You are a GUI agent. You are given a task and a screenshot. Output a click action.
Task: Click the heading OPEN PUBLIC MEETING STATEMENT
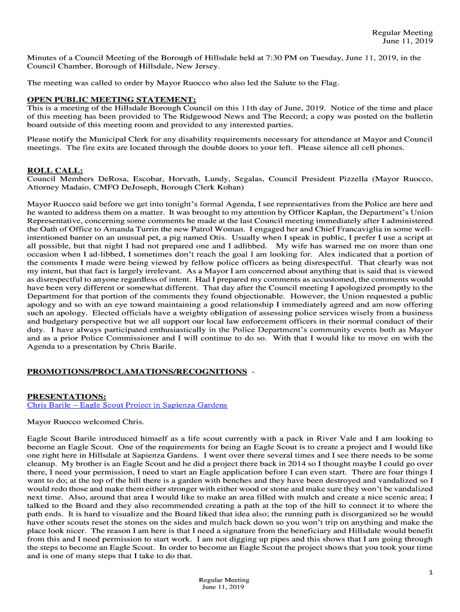pyautogui.click(x=112, y=99)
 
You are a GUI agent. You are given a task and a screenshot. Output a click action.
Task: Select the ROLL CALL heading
pyautogui.click(x=55, y=170)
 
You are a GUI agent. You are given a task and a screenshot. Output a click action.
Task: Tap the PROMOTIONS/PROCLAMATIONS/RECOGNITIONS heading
pyautogui.click(x=137, y=371)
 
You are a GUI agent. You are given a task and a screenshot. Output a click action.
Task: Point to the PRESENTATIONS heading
pyautogui.click(x=67, y=396)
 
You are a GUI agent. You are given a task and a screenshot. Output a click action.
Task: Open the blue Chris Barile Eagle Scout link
pyautogui.click(x=127, y=405)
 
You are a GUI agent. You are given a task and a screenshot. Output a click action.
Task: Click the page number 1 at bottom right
pyautogui.click(x=430, y=573)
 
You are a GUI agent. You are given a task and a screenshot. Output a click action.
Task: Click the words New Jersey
pyautogui.click(x=200, y=66)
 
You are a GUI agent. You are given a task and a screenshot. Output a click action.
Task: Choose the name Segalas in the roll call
pyautogui.click(x=244, y=179)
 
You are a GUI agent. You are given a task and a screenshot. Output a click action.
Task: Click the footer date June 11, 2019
pyautogui.click(x=223, y=587)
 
